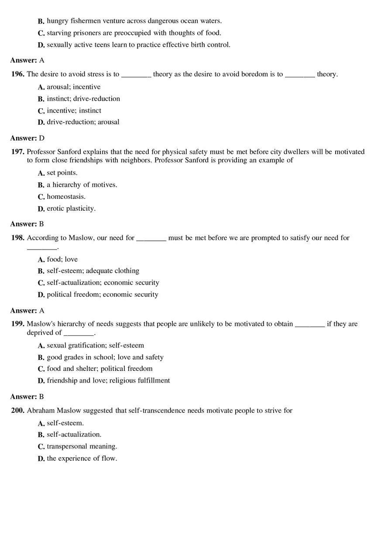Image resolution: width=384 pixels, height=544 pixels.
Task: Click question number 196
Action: pyautogui.click(x=18, y=74)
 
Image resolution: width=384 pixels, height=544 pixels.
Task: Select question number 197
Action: pyautogui.click(x=18, y=152)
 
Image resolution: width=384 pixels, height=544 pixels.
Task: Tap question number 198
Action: pyautogui.click(x=18, y=238)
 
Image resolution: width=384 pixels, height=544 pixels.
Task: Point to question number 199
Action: pyautogui.click(x=18, y=324)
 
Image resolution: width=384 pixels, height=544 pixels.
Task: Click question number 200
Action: pyautogui.click(x=18, y=411)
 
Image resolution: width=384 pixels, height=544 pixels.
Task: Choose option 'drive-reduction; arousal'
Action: pyautogui.click(x=83, y=122)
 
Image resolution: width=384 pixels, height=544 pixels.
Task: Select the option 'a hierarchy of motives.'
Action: pyautogui.click(x=82, y=185)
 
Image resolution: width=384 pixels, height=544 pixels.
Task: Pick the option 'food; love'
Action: pyautogui.click(x=62, y=260)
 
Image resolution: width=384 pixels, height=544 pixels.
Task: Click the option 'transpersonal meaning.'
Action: pyautogui.click(x=82, y=447)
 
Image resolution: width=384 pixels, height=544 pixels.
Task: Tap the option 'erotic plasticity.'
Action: pyautogui.click(x=71, y=209)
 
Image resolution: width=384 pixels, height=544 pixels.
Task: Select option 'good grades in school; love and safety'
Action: pyautogui.click(x=105, y=357)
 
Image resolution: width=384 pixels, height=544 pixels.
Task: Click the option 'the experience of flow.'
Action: pyautogui.click(x=82, y=458)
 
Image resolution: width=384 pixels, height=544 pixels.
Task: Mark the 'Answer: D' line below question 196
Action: pyautogui.click(x=27, y=138)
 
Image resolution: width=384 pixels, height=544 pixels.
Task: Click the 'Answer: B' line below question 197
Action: pyautogui.click(x=27, y=224)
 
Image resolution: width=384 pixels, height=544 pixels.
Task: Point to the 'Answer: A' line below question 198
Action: pyautogui.click(x=27, y=311)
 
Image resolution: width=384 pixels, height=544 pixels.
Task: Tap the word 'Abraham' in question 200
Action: pyautogui.click(x=41, y=411)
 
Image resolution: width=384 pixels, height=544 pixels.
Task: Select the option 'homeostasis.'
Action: pyautogui.click(x=66, y=197)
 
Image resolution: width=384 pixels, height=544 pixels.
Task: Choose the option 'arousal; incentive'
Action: pyautogui.click(x=74, y=87)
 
